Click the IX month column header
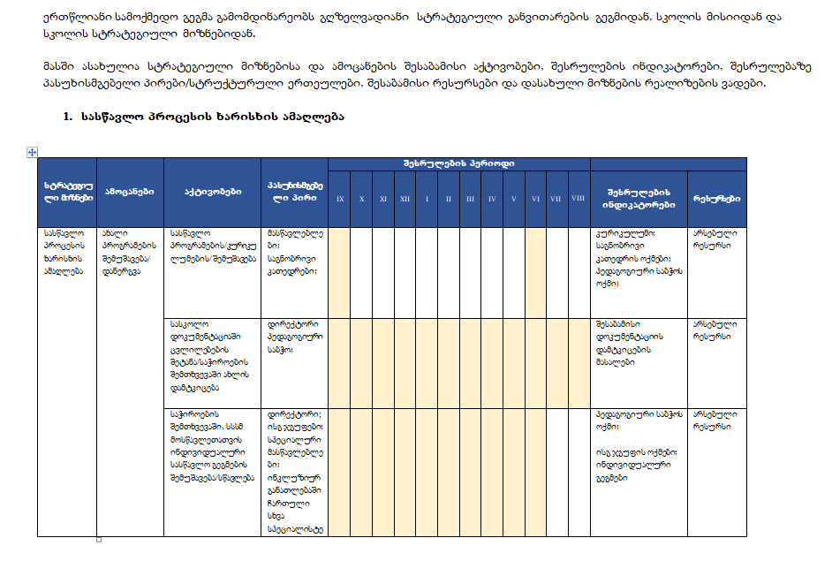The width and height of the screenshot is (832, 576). point(340,199)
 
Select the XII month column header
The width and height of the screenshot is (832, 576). point(405,199)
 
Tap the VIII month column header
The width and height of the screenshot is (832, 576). point(579,199)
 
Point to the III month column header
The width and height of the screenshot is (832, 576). point(470,199)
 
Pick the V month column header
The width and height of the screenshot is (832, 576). point(513,199)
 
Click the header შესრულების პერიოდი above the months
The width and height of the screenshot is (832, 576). point(458,163)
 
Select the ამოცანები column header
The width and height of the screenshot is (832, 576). point(130,191)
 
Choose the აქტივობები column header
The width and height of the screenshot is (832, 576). point(212,191)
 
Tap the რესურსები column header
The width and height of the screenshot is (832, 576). point(716,199)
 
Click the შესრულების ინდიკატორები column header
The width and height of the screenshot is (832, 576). point(639,198)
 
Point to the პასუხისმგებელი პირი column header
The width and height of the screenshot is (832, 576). point(294,191)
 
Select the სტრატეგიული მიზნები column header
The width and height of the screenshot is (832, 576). point(68,191)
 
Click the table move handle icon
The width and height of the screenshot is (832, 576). point(32,152)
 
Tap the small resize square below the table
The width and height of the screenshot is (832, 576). point(99,539)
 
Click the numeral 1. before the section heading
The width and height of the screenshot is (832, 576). point(67,117)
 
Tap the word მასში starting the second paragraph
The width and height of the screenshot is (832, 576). point(57,67)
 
